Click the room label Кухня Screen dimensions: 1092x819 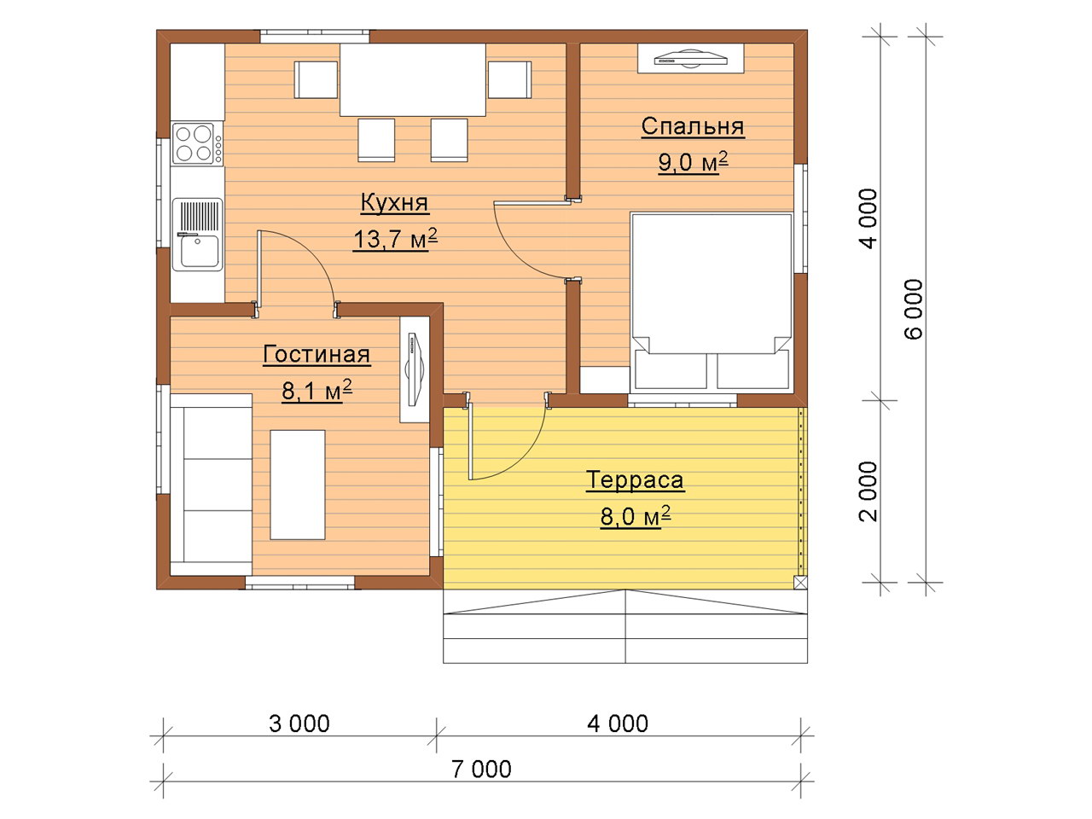394,203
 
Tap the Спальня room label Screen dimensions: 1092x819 693,126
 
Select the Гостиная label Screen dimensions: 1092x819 317,355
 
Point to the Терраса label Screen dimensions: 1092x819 636,480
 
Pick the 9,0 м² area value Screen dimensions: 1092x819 693,162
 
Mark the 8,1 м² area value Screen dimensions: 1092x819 317,391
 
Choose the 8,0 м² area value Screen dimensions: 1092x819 636,517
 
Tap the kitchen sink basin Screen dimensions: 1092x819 199,251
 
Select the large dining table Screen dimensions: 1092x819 413,79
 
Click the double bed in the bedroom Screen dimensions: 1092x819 711,301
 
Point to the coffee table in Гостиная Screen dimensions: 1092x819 298,485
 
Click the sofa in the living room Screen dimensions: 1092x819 211,485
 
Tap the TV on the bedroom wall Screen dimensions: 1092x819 691,59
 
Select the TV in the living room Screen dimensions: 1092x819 415,369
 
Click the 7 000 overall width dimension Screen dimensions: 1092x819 481,769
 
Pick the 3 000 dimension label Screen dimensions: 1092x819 299,724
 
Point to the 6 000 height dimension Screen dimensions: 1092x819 914,310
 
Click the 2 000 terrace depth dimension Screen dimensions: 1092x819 868,491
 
